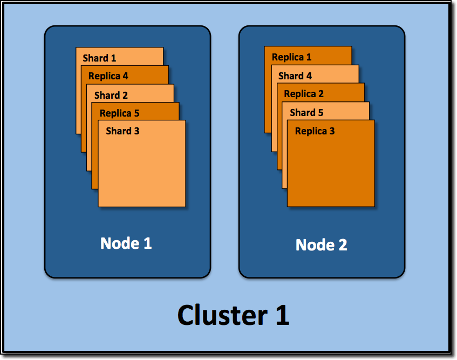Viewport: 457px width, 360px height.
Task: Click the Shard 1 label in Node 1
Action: coord(99,58)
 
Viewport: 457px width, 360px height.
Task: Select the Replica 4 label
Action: coord(108,76)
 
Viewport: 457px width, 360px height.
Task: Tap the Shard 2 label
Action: coord(111,96)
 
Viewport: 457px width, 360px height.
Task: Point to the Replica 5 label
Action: coord(119,113)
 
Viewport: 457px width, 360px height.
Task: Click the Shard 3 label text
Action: coord(122,131)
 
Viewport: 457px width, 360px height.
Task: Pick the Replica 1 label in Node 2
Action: coord(291,57)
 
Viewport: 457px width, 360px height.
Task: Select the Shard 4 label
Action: coord(295,76)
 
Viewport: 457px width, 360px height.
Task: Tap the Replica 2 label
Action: coord(304,94)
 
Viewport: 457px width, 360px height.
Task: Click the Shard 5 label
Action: coord(306,113)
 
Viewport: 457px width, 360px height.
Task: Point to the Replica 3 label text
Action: coord(315,131)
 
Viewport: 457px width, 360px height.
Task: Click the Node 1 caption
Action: coord(126,243)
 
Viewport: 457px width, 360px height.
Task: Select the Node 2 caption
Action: coord(321,245)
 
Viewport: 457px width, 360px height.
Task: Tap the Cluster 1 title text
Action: coord(233,315)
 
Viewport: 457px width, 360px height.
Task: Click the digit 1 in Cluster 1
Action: coord(281,315)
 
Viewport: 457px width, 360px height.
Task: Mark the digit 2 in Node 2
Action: coord(342,245)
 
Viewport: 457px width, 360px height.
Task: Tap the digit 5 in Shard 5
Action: coord(320,113)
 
